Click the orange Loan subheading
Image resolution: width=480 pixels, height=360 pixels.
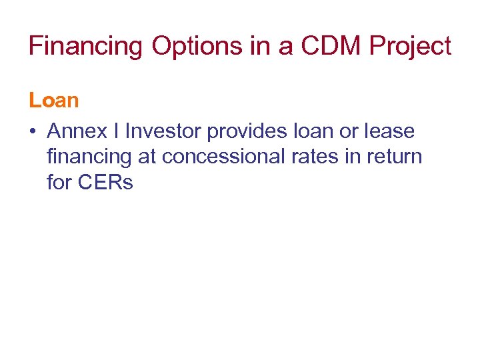[x=53, y=101]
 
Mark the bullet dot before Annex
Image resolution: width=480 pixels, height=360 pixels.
[x=32, y=132]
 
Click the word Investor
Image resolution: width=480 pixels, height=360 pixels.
[x=164, y=131]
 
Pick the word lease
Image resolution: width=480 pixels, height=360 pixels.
[x=389, y=131]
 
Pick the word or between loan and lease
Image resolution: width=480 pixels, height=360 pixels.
[x=348, y=132]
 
